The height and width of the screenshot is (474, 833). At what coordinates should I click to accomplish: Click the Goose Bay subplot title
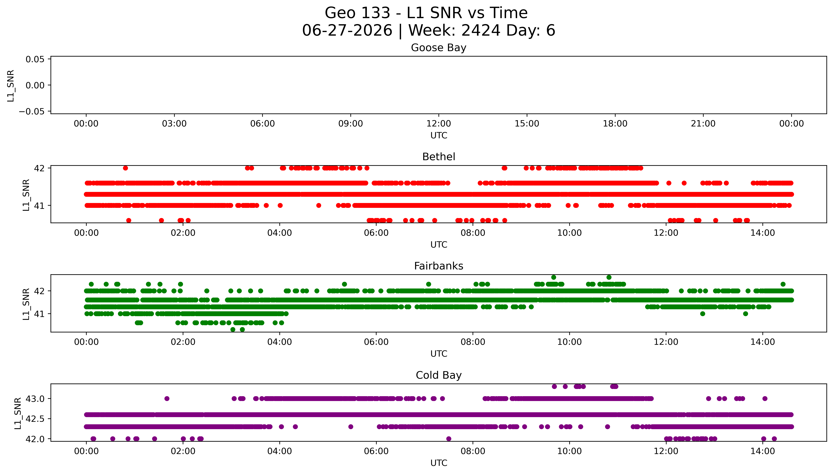[438, 48]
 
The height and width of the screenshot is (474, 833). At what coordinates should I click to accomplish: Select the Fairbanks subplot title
[438, 266]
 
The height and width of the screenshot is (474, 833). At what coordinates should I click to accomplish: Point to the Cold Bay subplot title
[438, 375]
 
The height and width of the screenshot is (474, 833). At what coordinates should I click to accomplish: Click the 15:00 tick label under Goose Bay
[527, 124]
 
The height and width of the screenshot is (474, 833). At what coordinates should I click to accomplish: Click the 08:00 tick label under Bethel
[473, 233]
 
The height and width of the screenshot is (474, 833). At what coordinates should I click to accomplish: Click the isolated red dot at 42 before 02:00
[125, 168]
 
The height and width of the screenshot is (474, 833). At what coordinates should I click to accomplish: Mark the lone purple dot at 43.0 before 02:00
[167, 399]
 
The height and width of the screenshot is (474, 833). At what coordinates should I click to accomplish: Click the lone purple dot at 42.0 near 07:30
[449, 439]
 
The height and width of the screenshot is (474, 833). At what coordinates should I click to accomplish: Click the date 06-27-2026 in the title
[347, 31]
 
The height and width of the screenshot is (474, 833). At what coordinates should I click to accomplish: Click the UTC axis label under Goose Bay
[438, 135]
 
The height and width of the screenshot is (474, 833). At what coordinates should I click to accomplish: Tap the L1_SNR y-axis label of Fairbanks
[26, 304]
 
